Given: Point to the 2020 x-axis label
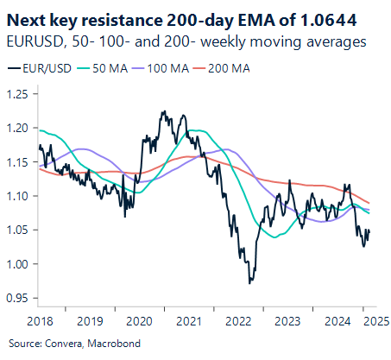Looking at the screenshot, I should [x=139, y=321].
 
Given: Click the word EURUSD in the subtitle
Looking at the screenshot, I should [x=31, y=40].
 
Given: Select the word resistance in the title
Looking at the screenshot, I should [x=106, y=16].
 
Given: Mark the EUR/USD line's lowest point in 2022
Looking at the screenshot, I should [x=249, y=283].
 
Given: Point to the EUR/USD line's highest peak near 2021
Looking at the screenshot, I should [x=163, y=111].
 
